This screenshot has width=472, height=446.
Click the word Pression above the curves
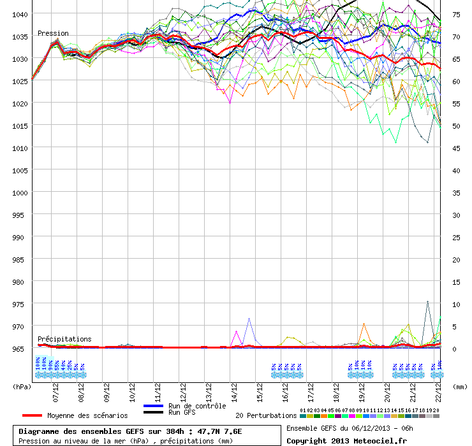coord(53,33)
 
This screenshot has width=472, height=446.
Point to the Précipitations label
coord(64,339)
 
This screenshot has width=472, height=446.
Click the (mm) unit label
coord(459,386)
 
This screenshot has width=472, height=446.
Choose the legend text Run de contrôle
coord(197,406)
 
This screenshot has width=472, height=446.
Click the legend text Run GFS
coord(182,412)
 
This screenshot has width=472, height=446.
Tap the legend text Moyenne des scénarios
coord(87,415)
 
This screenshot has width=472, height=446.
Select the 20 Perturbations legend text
coord(266,415)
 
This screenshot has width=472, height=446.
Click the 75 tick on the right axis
coord(456,14)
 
